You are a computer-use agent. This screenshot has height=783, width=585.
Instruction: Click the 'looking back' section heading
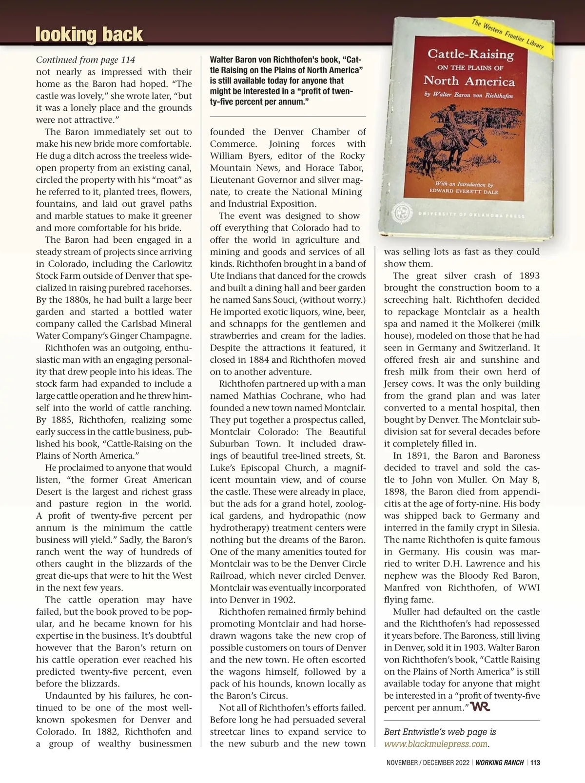pyautogui.click(x=89, y=35)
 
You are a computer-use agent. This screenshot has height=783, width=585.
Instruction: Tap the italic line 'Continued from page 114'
pyautogui.click(x=85, y=60)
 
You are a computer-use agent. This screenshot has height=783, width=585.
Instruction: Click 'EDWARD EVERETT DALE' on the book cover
pyautogui.click(x=461, y=191)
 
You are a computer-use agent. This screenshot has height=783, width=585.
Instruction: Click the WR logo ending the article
pyautogui.click(x=480, y=707)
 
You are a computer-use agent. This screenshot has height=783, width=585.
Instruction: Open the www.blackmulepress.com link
pyautogui.click(x=436, y=744)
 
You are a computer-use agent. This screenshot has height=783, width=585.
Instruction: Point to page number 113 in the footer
pyautogui.click(x=535, y=763)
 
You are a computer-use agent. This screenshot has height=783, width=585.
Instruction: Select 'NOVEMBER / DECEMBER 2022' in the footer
pyautogui.click(x=428, y=763)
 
